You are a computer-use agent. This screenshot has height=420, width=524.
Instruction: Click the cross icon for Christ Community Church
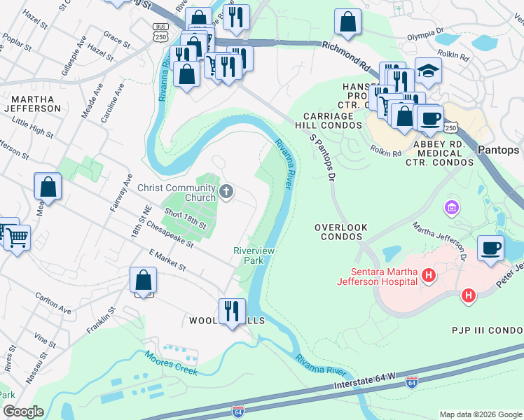click(226, 191)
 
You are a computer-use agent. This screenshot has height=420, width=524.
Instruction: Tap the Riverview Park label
click(253, 255)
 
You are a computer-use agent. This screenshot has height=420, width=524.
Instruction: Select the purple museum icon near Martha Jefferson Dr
click(451, 208)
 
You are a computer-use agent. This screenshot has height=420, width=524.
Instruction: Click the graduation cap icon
click(428, 71)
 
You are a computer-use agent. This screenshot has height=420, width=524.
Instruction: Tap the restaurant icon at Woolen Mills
click(232, 310)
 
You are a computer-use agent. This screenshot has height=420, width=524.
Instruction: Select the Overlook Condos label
click(342, 232)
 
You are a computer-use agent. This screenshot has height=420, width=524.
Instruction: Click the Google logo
click(22, 411)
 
